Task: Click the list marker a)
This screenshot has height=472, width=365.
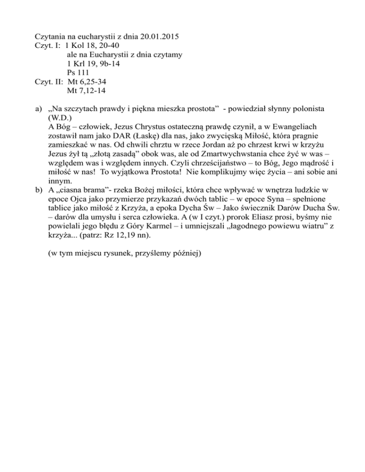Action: (x=39, y=109)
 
